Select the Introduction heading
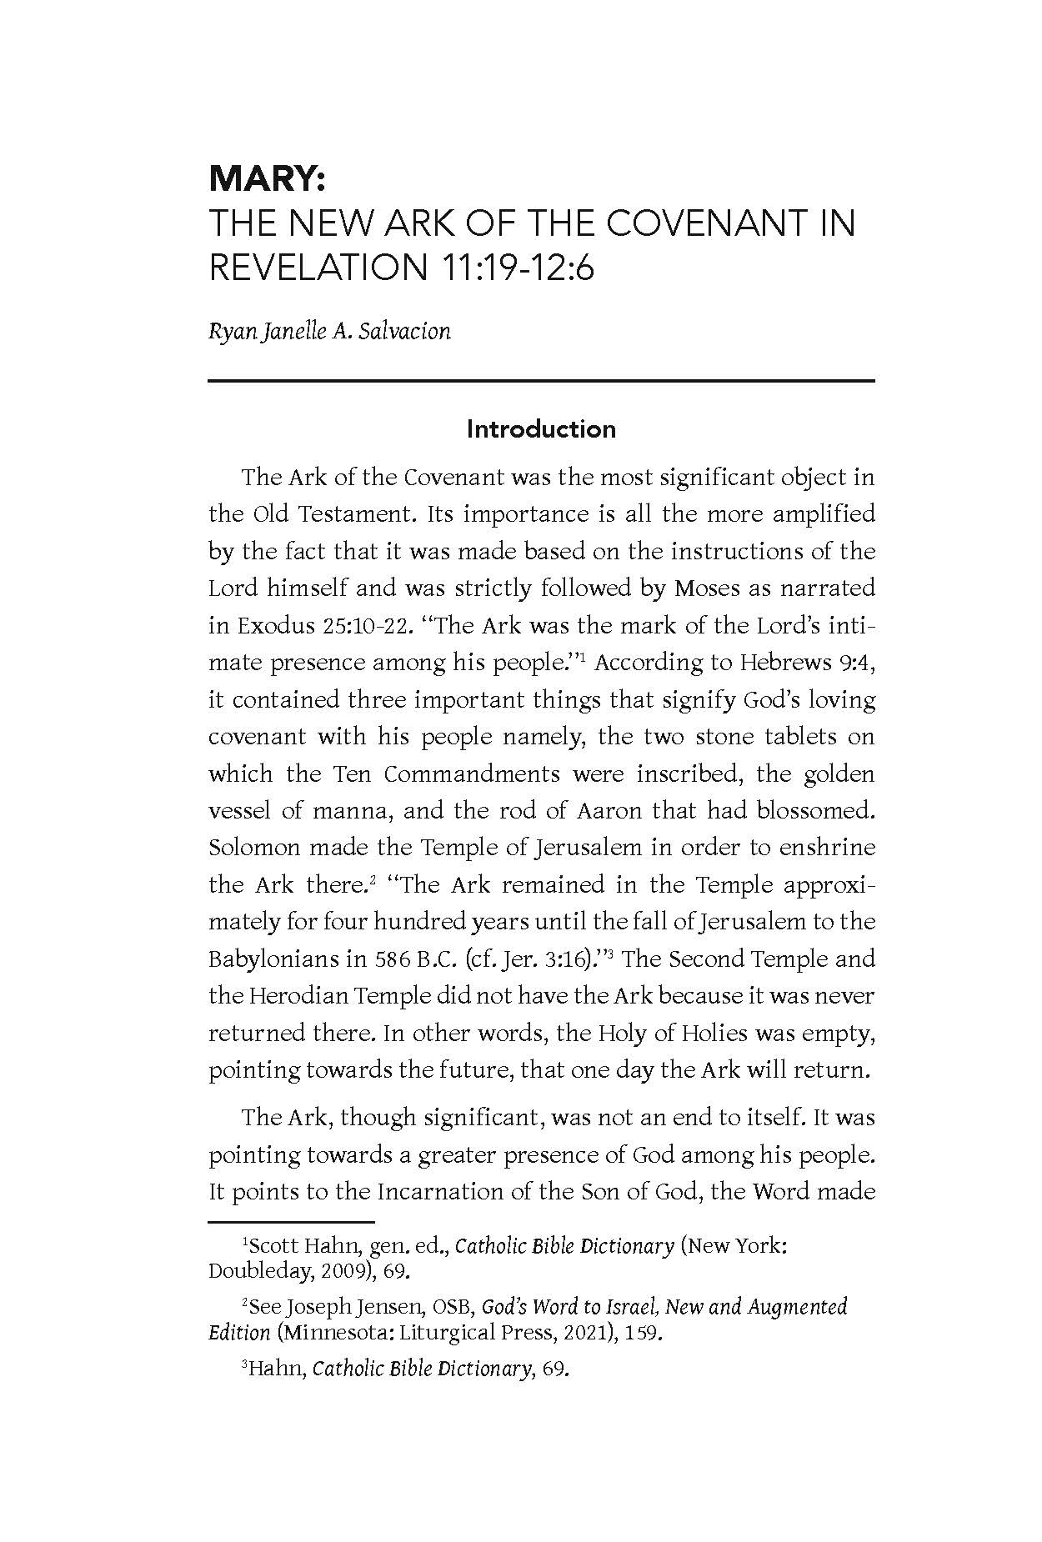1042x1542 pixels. click(x=541, y=429)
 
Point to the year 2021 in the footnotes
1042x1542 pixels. click(x=570, y=1332)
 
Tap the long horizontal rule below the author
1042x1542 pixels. click(x=541, y=381)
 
